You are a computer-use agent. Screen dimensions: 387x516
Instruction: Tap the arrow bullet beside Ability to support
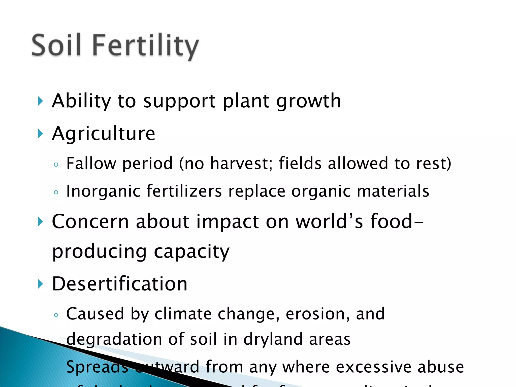[x=40, y=101]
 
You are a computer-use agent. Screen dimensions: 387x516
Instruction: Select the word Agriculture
[x=103, y=134]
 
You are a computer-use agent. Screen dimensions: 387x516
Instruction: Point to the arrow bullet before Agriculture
[x=40, y=134]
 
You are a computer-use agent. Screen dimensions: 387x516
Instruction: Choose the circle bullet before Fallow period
[x=56, y=165]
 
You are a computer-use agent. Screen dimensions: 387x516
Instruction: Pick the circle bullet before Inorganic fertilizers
[x=56, y=192]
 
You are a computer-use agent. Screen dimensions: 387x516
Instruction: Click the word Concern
[x=90, y=221]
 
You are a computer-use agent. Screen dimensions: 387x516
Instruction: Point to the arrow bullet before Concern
[x=40, y=222]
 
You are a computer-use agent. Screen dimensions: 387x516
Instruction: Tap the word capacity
[x=191, y=252]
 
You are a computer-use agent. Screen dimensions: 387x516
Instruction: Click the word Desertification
[x=120, y=284]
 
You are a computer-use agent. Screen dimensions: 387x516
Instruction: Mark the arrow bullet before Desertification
[x=40, y=284]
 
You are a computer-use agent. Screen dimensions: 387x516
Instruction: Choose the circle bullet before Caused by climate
[x=56, y=315]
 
